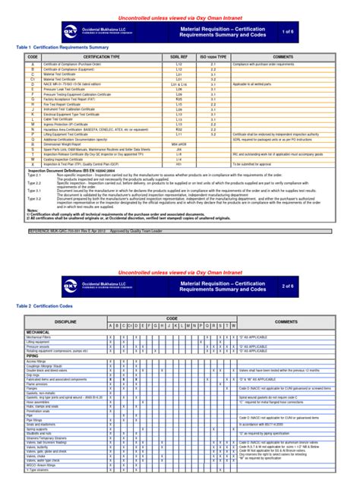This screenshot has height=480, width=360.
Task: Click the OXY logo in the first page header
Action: pyautogui.click(x=70, y=30)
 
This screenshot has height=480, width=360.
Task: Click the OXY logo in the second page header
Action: pyautogui.click(x=70, y=286)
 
